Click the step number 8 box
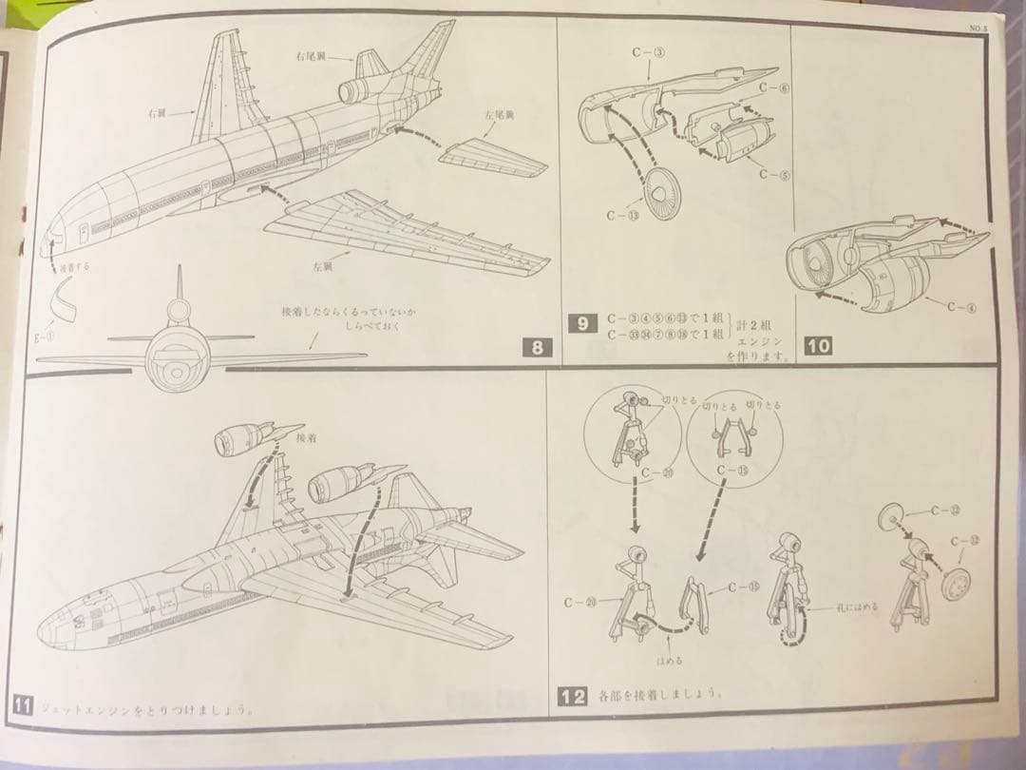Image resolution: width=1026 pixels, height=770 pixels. pos(538,348)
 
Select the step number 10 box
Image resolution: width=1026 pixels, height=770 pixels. pos(817,346)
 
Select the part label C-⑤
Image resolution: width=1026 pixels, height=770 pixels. pos(775,174)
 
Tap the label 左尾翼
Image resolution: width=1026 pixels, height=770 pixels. pos(499,115)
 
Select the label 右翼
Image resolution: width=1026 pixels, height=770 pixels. pos(159,112)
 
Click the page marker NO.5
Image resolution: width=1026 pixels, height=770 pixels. pos(979,29)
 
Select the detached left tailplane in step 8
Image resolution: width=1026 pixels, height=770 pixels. pos(494,158)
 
